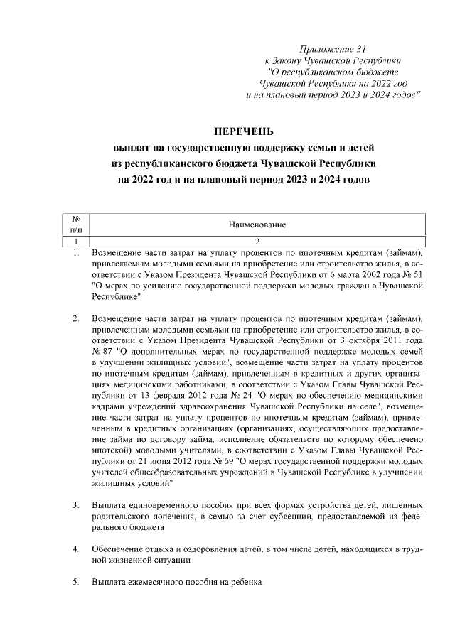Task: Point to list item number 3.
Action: pyautogui.click(x=76, y=504)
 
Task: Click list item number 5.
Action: pyautogui.click(x=76, y=583)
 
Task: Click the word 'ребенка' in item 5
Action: pyautogui.click(x=245, y=583)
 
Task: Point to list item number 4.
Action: pyautogui.click(x=76, y=549)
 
